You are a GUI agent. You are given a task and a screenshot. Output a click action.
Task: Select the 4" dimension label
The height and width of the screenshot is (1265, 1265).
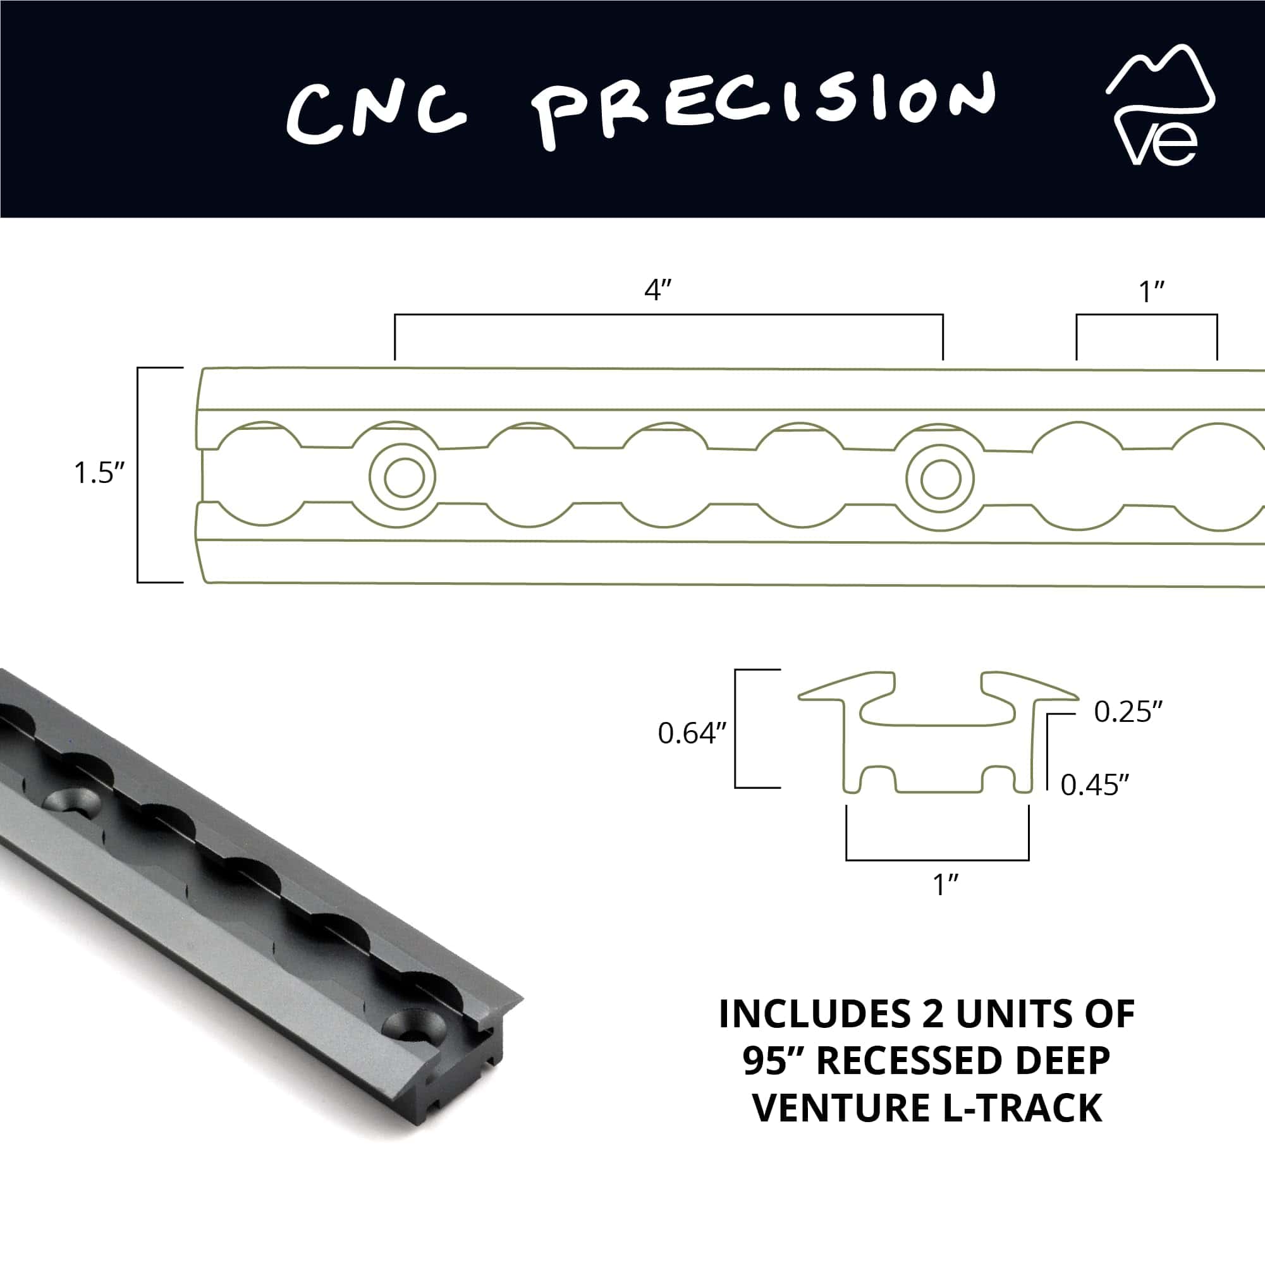click(x=658, y=290)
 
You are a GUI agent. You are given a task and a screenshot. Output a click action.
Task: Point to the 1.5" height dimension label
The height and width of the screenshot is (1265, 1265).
click(x=99, y=474)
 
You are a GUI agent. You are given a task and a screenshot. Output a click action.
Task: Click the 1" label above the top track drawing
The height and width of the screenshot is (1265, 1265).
click(x=1152, y=292)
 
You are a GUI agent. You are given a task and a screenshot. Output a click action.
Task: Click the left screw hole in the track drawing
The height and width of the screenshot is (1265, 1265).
click(x=402, y=477)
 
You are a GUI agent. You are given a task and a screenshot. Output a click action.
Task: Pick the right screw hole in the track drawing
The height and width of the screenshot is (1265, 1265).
click(x=939, y=480)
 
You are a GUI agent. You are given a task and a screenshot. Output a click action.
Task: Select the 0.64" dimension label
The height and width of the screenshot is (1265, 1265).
click(x=692, y=733)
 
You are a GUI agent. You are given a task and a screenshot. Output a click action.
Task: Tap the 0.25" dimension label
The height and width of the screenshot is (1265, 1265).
click(x=1128, y=712)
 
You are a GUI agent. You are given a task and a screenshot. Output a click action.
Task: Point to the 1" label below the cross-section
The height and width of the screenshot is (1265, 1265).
click(x=946, y=885)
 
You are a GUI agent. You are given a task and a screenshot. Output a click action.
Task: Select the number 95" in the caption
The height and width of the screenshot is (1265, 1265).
click(x=777, y=1061)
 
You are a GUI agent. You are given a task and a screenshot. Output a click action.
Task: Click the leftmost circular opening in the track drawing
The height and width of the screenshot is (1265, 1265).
click(x=263, y=474)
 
